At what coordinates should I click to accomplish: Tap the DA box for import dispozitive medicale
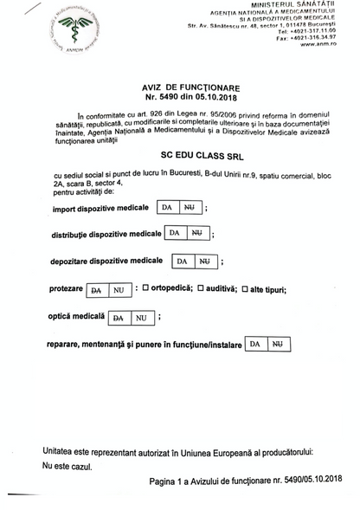pos(169,207)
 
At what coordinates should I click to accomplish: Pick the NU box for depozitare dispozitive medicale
pos(204,261)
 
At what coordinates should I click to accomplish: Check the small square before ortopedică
pos(145,288)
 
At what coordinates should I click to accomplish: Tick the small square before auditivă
pos(201,288)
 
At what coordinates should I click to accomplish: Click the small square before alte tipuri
pos(247,288)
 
